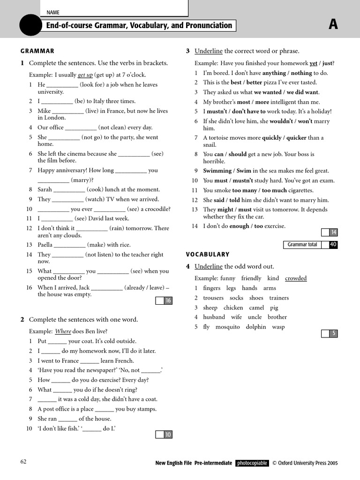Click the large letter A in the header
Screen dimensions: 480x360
point(333,25)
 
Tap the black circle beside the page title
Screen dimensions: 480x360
point(31,25)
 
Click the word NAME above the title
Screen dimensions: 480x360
point(53,13)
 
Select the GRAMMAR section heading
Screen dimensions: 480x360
point(37,51)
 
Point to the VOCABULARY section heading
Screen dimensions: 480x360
point(208,255)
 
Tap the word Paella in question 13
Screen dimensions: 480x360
point(45,245)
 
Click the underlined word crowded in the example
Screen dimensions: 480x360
point(296,278)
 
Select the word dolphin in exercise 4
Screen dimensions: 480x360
point(256,327)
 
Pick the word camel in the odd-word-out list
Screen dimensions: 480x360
point(256,307)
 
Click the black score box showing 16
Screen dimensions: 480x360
point(168,301)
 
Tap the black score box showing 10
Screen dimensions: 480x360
point(168,435)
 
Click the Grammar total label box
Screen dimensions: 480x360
point(302,245)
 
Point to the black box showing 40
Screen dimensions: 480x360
point(333,245)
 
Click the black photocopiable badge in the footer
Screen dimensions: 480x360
point(252,463)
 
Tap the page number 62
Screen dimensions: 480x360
point(23,462)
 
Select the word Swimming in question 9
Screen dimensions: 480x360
point(217,171)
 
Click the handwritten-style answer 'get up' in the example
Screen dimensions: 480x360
point(85,75)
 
